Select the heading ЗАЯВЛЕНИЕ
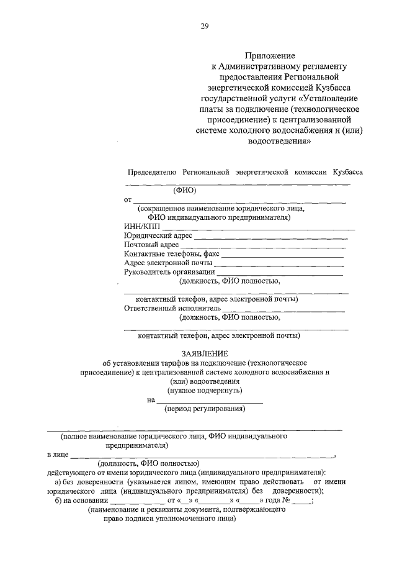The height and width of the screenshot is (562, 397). pos(205,353)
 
